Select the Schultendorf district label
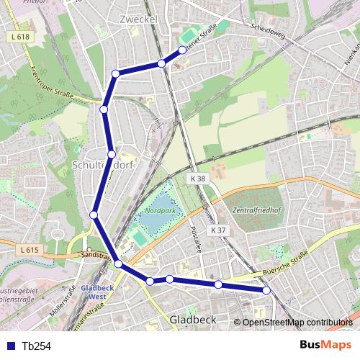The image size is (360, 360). click(103, 165)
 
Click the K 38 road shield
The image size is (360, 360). click(199, 178)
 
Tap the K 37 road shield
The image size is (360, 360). click(219, 230)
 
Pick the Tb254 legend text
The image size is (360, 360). click(36, 346)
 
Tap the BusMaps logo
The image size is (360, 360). click(325, 345)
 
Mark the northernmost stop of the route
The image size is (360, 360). click(182, 50)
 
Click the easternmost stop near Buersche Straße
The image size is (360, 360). click(266, 290)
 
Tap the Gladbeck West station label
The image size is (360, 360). click(94, 291)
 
